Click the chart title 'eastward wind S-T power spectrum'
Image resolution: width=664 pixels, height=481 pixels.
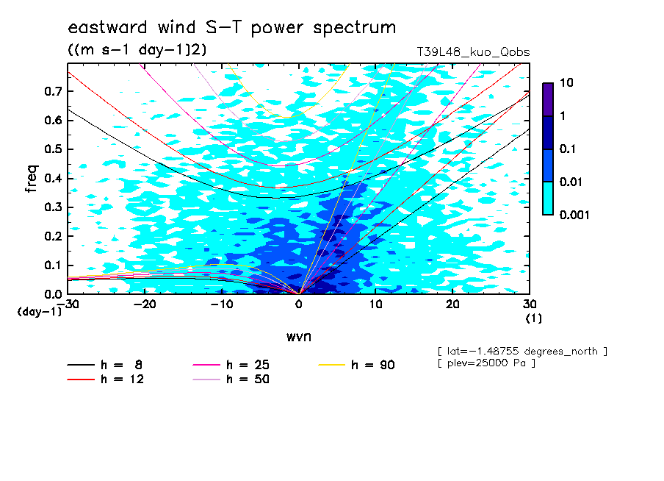coord(232,27)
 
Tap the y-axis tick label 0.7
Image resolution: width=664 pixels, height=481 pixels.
coord(53,91)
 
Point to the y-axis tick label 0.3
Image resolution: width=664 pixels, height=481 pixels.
coord(53,207)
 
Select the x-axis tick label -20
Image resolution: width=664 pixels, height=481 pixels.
coord(145,304)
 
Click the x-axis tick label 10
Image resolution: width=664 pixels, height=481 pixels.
coord(376,304)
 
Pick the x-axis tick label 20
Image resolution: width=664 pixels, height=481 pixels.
coord(452,304)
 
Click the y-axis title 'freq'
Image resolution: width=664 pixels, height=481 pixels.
coord(32,179)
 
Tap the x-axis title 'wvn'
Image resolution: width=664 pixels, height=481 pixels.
coord(298,337)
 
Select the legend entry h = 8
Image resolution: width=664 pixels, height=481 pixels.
coord(105,365)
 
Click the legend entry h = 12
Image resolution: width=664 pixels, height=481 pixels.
coord(106,380)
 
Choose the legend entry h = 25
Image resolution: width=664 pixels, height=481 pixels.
coord(231,365)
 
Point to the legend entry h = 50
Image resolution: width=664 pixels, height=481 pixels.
coord(231,380)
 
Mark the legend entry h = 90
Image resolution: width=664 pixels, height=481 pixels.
coord(356,365)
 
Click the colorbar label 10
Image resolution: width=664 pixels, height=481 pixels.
coord(566,82)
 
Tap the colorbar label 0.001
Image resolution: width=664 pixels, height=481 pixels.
coord(574,215)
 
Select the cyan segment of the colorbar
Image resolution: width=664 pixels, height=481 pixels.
coord(548,198)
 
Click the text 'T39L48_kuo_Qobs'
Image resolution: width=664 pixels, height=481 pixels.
coord(473,52)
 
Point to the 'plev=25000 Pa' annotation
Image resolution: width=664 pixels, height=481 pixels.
coord(486,363)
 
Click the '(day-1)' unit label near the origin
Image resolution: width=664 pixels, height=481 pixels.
coord(39,312)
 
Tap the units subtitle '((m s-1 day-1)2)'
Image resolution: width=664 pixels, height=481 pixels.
coord(137,50)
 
